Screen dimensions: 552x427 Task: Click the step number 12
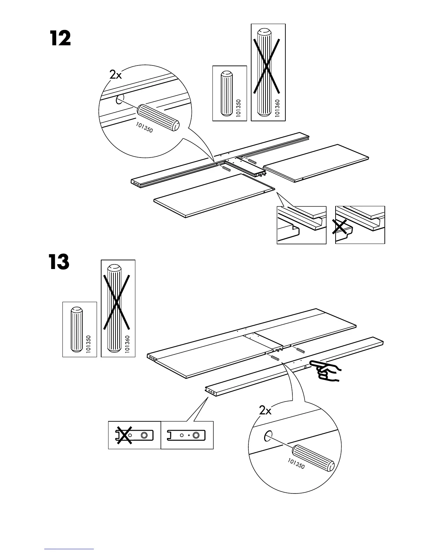(x=60, y=39)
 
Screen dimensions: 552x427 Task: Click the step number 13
(x=59, y=262)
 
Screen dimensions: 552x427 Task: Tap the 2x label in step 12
(x=115, y=74)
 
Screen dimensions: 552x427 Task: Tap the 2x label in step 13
(x=265, y=411)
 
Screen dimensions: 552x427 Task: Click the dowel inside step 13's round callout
(x=313, y=458)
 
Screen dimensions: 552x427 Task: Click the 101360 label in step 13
(x=127, y=344)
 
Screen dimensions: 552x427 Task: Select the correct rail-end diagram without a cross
(x=187, y=435)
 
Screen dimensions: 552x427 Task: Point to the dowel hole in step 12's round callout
(x=119, y=100)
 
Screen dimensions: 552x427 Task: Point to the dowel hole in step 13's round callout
(x=268, y=436)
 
